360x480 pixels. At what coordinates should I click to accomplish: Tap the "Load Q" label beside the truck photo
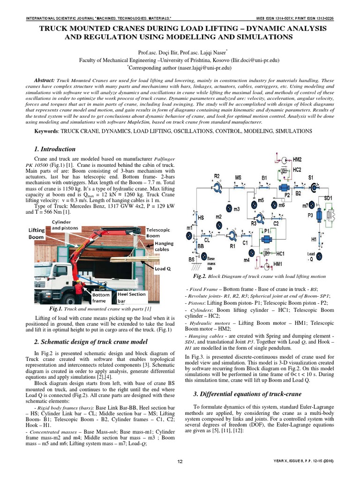point(163,270)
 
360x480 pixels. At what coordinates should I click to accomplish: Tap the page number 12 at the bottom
point(180,462)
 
